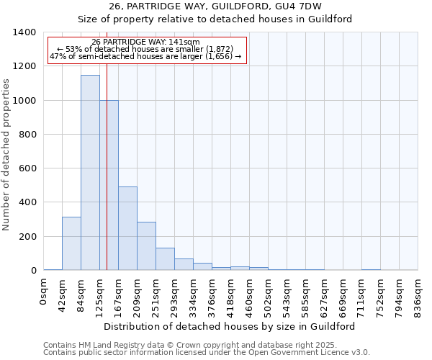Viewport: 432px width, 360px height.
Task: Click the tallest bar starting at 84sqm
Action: click(90, 173)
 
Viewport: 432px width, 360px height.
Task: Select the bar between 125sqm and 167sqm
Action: click(109, 185)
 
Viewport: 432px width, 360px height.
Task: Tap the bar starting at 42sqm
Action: click(71, 243)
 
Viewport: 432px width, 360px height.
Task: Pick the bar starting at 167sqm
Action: click(128, 228)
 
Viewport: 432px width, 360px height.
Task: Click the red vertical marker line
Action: click(107, 180)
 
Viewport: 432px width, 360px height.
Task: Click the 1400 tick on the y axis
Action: click(24, 32)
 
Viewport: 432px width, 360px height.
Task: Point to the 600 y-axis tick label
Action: click(27, 168)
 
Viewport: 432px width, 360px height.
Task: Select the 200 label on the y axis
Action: click(27, 237)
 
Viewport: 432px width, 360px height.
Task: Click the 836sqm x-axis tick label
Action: click(418, 297)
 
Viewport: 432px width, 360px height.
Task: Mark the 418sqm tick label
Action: click(231, 297)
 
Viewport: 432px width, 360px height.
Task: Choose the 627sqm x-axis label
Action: click(325, 297)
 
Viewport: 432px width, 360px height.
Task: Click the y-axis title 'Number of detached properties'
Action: click(7, 152)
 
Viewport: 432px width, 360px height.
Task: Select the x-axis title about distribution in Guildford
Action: click(230, 326)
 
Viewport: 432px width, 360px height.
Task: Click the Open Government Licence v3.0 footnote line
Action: click(207, 353)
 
